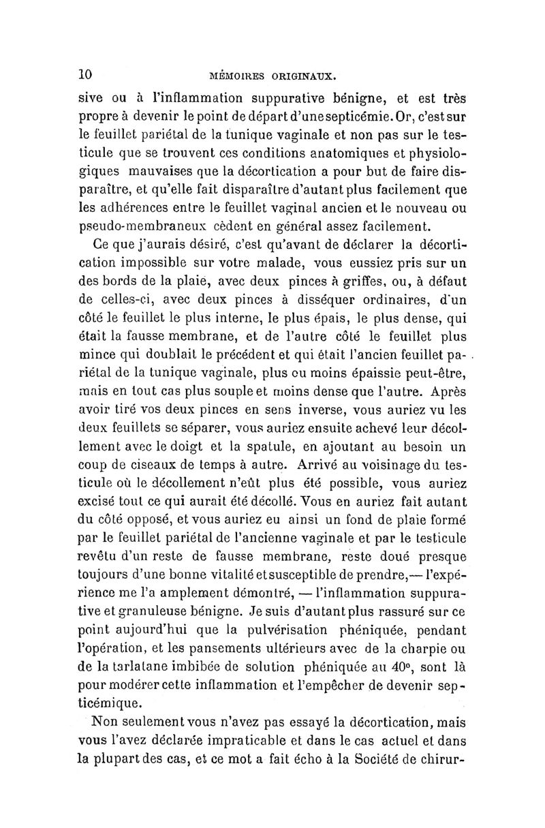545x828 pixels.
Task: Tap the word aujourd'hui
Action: [x=161, y=630]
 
